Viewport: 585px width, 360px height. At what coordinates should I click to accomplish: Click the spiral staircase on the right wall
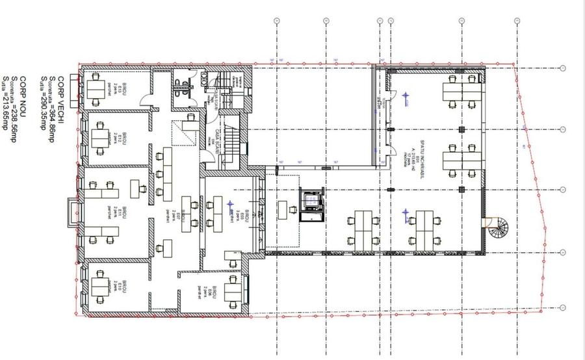pyautogui.click(x=500, y=227)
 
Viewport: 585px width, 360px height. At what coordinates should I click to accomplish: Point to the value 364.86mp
pyautogui.click(x=51, y=104)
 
